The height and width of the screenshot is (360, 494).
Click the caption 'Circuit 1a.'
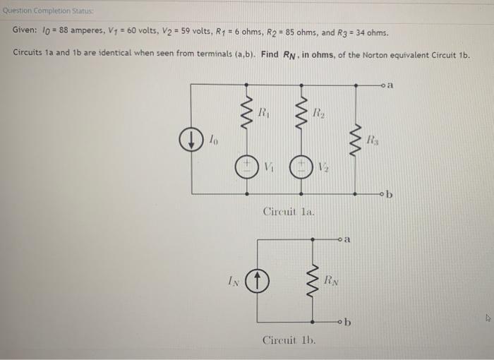289,211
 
